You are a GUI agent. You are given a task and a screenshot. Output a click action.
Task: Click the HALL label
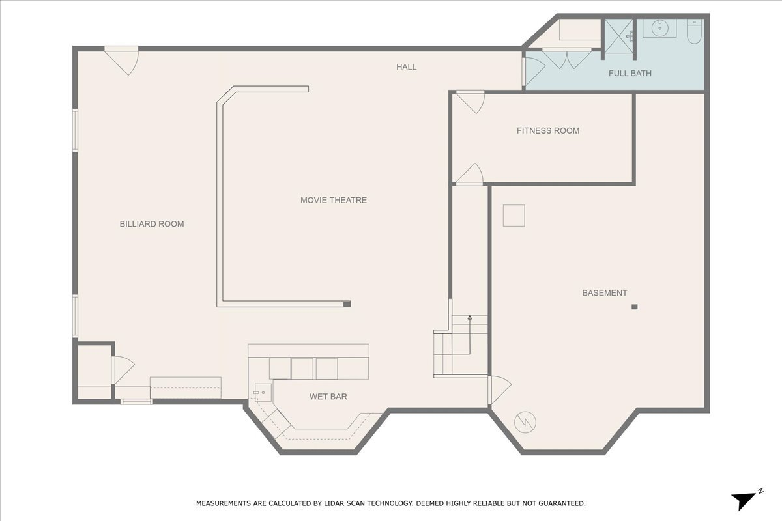407,67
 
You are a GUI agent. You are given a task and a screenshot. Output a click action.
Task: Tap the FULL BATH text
630,74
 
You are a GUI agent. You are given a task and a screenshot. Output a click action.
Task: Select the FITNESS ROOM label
547,131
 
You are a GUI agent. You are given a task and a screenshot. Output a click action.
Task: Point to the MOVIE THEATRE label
333,200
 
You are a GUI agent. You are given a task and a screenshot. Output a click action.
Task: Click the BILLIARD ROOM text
152,224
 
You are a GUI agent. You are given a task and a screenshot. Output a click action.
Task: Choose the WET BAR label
328,396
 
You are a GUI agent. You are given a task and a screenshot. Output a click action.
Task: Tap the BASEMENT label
604,293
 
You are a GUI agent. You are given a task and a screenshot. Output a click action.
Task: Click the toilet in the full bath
694,33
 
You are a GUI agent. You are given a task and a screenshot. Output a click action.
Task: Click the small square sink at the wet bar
262,391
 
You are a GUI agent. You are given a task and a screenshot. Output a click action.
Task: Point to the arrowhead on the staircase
470,318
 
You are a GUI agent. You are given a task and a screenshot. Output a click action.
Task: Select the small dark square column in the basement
634,307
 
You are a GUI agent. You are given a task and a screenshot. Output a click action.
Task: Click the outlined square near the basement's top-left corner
514,216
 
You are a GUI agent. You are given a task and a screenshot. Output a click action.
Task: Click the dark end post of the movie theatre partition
347,303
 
